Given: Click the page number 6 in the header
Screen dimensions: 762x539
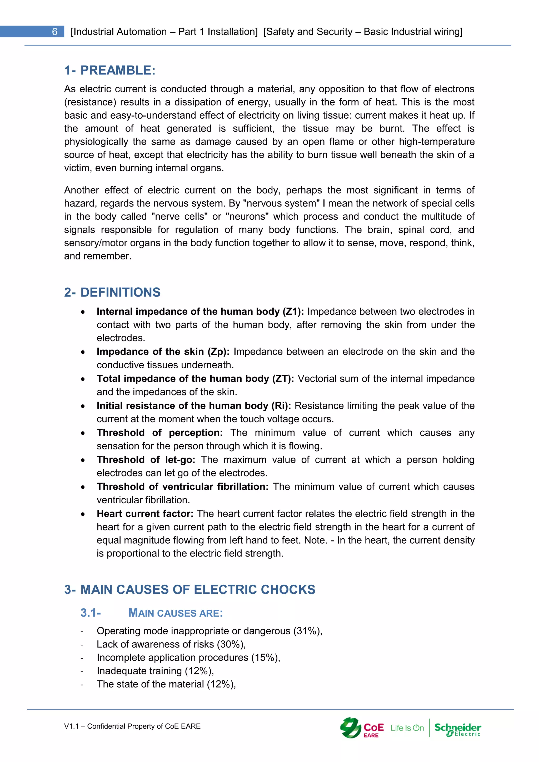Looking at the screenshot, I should (x=55, y=32).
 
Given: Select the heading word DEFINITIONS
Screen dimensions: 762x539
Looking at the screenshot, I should (x=120, y=292).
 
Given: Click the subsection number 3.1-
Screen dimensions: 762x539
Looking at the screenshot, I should (x=91, y=613).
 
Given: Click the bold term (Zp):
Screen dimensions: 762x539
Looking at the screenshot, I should (x=218, y=352).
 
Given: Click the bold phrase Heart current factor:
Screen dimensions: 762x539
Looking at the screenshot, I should (x=145, y=514).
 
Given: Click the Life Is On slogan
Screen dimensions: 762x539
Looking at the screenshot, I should (x=407, y=728).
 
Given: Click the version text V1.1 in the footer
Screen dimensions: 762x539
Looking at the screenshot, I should (x=71, y=726).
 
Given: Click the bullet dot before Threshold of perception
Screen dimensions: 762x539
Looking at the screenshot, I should (x=83, y=433).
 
